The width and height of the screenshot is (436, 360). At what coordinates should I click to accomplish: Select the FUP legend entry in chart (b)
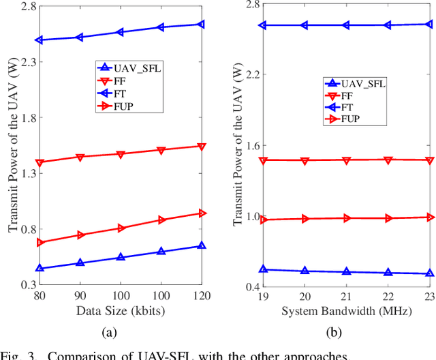click(351, 119)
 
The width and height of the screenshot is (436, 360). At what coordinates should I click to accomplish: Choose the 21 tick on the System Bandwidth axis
click(346, 298)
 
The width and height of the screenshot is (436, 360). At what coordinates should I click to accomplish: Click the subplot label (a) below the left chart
click(109, 332)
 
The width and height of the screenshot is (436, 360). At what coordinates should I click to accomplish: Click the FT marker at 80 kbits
click(40, 40)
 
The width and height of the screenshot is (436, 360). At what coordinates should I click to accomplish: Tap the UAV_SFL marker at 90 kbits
click(80, 262)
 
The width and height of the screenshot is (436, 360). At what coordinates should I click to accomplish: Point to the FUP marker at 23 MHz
click(430, 217)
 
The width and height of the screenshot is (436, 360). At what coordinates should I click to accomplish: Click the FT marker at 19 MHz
click(263, 25)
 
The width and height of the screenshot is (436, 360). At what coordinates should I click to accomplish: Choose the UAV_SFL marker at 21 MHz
click(346, 271)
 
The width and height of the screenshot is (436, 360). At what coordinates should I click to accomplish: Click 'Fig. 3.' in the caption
click(21, 354)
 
